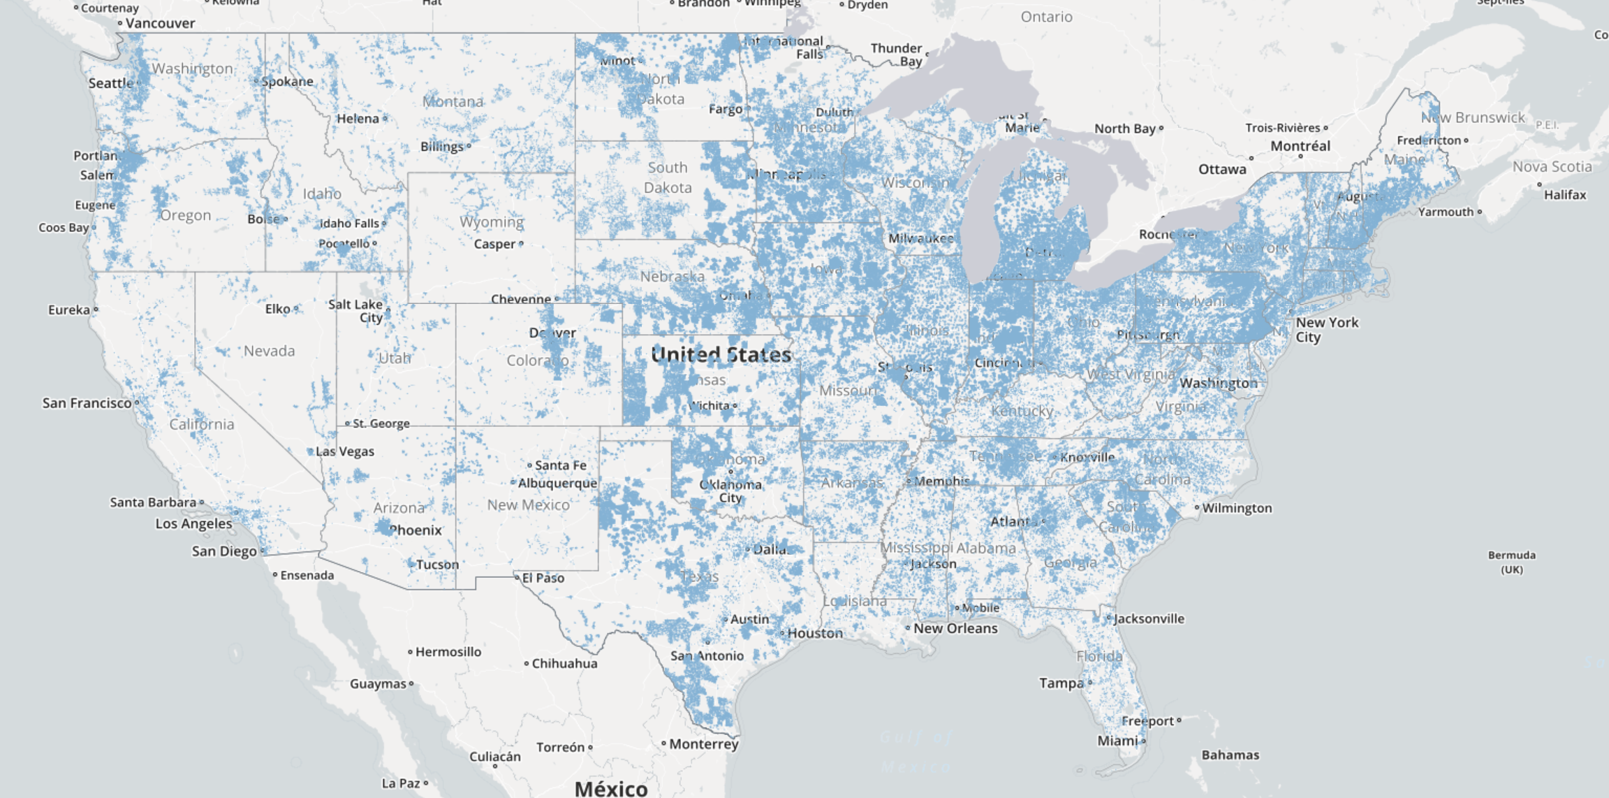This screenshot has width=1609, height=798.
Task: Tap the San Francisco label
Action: click(87, 403)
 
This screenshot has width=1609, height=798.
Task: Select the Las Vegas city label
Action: click(345, 451)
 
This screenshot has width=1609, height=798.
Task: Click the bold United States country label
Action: click(721, 355)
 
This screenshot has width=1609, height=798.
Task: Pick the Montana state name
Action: click(453, 102)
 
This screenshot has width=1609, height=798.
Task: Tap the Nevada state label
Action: click(269, 351)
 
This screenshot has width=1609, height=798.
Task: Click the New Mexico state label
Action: click(529, 505)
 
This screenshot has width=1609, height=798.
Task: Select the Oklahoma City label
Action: click(730, 491)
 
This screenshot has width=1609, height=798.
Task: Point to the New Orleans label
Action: click(955, 628)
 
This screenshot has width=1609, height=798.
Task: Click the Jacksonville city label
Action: click(1149, 618)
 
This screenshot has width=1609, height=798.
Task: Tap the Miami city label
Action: click(1117, 741)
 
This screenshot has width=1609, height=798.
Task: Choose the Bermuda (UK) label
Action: click(1511, 562)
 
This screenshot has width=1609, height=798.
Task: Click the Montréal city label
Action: click(1300, 146)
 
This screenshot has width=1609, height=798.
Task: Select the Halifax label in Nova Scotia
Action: click(1565, 195)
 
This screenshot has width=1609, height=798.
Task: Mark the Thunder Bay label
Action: click(897, 55)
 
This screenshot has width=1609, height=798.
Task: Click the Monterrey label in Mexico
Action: click(703, 744)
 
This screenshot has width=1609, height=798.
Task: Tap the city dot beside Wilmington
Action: click(1196, 507)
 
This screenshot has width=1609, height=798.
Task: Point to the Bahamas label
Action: click(1230, 755)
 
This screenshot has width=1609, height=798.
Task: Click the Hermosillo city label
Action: click(448, 652)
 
